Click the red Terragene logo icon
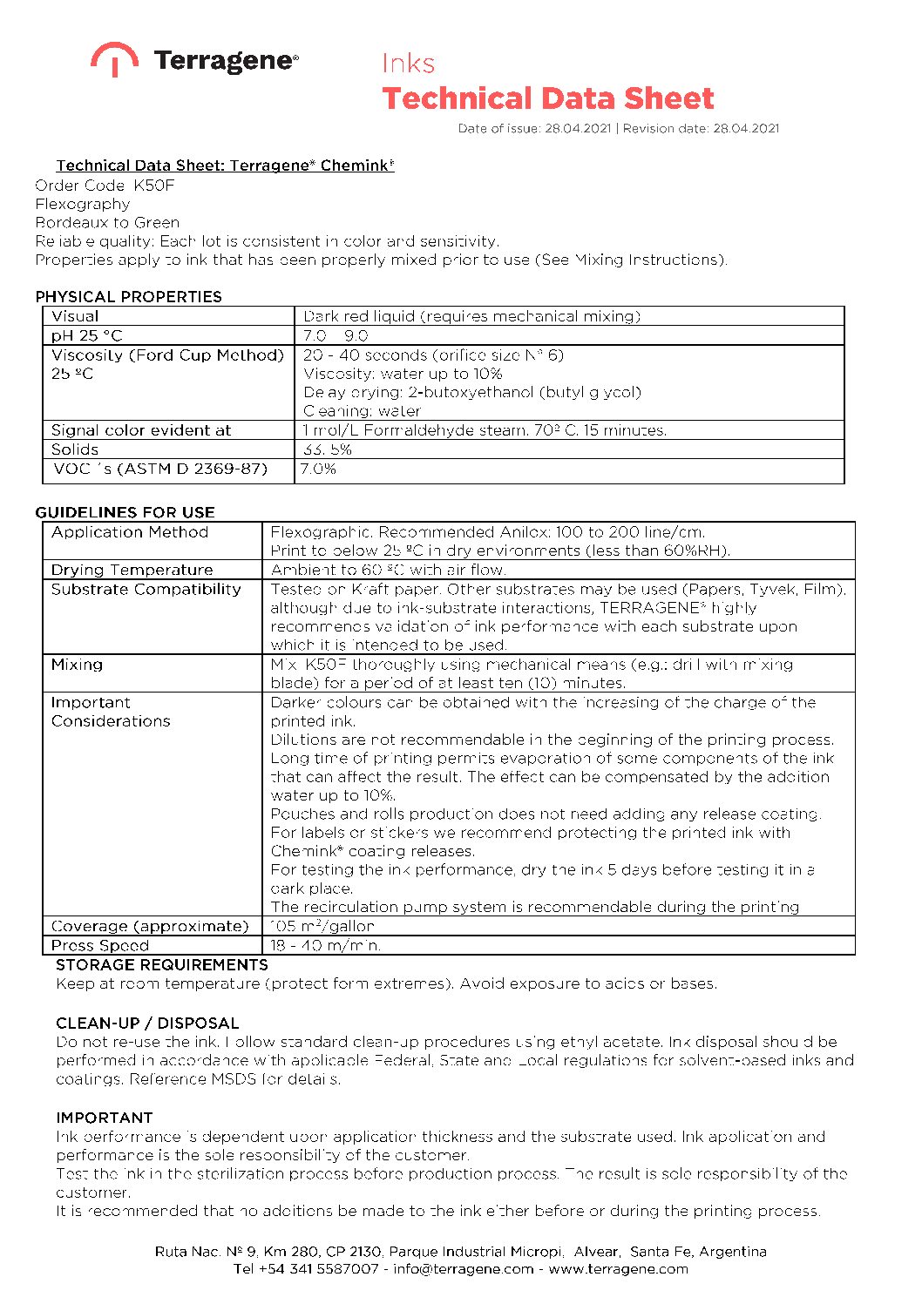pyautogui.click(x=114, y=58)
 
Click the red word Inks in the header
pyautogui.click(x=408, y=64)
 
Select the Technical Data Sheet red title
pyautogui.click(x=547, y=98)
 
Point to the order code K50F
pyautogui.click(x=154, y=186)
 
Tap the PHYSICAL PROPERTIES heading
pyautogui.click(x=128, y=296)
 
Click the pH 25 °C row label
pyautogui.click(x=87, y=335)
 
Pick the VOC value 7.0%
pyautogui.click(x=318, y=469)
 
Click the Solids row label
pyautogui.click(x=75, y=449)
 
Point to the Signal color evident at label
pyautogui.click(x=141, y=430)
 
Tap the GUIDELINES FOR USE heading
pyautogui.click(x=125, y=512)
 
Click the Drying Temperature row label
pyautogui.click(x=132, y=570)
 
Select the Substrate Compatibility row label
pyautogui.click(x=146, y=589)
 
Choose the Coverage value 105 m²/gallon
pyautogui.click(x=322, y=926)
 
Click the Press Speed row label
pyautogui.click(x=100, y=945)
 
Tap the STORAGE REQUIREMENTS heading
pyautogui.click(x=162, y=964)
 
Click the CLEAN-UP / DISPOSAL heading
pyautogui.click(x=147, y=1023)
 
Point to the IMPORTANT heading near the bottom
pyautogui.click(x=105, y=1118)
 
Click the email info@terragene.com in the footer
pyautogui.click(x=463, y=1269)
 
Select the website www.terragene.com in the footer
pyautogui.click(x=618, y=1269)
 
